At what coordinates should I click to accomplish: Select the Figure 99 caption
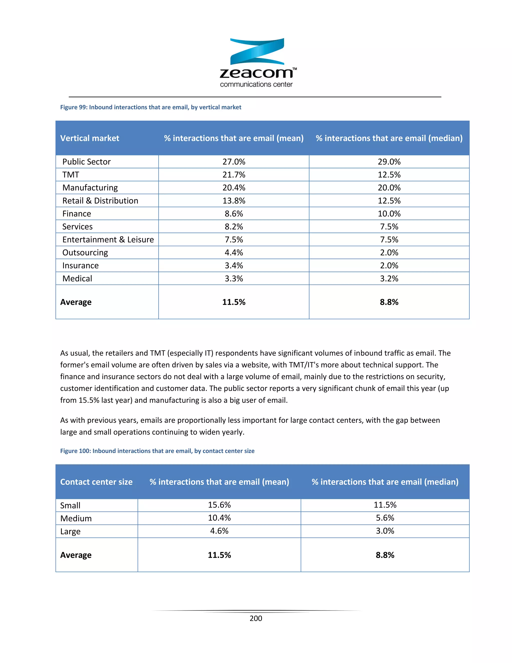coord(150,107)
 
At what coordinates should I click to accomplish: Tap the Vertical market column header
coord(89,138)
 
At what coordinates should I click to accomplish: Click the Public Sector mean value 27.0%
coord(233,162)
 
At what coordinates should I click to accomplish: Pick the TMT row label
coord(71,175)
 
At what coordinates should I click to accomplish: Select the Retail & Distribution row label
coord(100,201)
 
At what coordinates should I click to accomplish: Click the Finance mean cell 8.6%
coord(233,214)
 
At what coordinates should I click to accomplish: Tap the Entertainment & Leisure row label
coord(108,239)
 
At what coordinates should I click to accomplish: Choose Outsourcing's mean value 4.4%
coord(233,253)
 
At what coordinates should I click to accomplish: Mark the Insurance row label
coord(80,266)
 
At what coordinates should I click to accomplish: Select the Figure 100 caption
coord(157,451)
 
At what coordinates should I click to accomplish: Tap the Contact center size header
coord(96,482)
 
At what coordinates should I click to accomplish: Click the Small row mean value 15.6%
coord(219,505)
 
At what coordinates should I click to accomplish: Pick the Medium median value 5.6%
coord(385,518)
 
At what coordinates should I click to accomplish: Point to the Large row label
coord(70,531)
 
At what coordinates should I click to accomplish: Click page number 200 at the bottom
coord(256,618)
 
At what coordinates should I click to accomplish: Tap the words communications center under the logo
coord(256,84)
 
